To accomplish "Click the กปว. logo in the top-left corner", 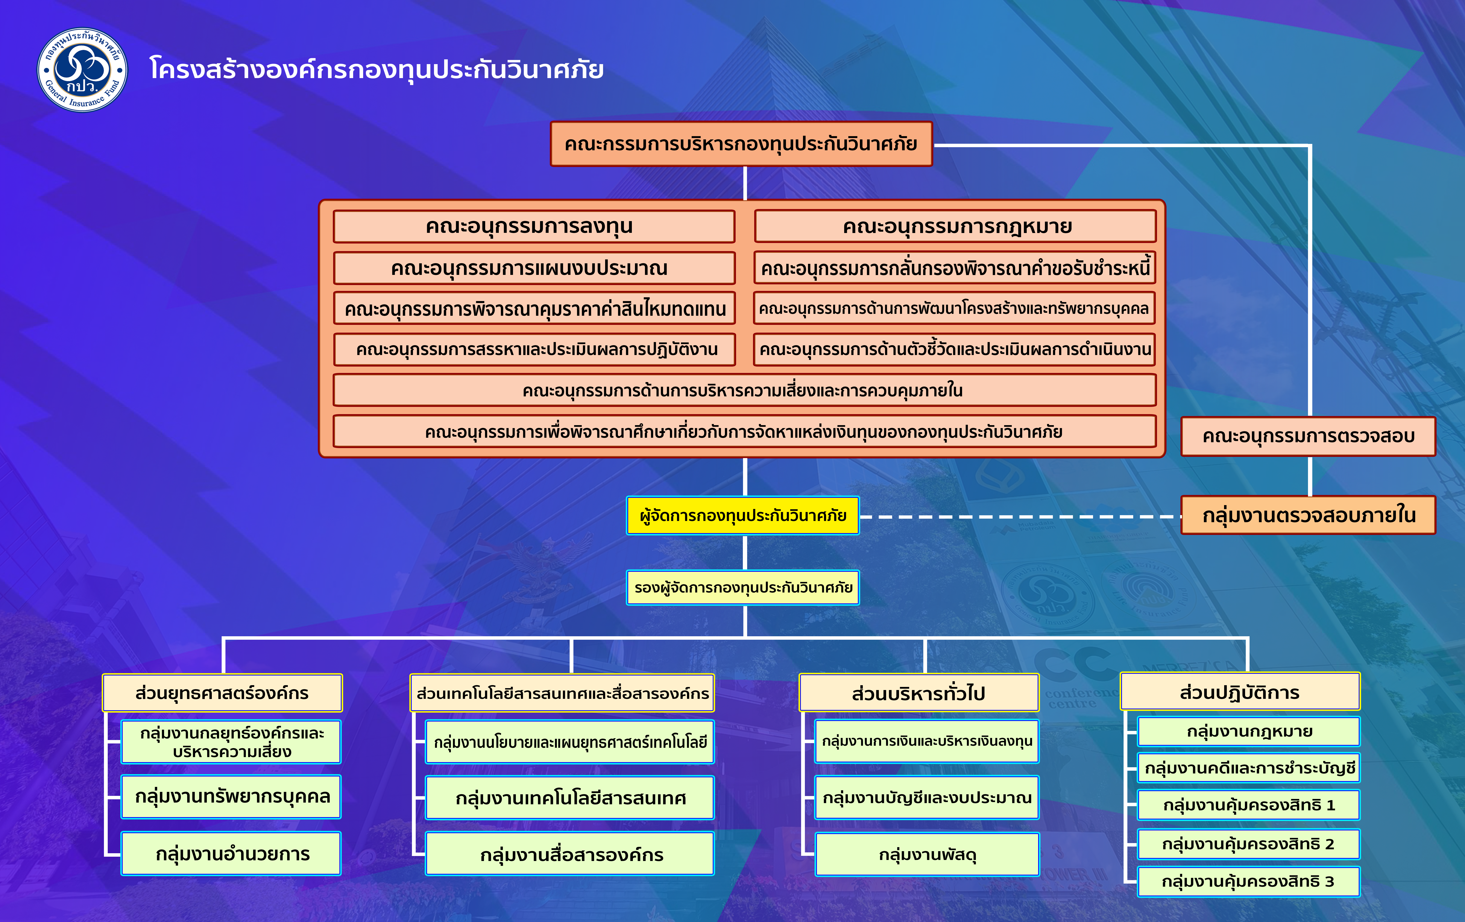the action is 83,70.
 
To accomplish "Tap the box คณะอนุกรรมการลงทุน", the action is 534,226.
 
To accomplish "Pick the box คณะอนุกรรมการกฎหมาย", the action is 955,226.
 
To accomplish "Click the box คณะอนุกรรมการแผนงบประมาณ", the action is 534,268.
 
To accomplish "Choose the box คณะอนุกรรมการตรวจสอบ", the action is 1308,436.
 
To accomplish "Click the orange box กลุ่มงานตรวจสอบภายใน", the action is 1308,515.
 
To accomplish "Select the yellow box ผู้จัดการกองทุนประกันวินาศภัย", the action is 743,516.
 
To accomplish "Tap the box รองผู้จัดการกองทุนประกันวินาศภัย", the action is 743,587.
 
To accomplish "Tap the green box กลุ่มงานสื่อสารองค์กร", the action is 570,854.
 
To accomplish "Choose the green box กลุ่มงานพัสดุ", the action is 927,854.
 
